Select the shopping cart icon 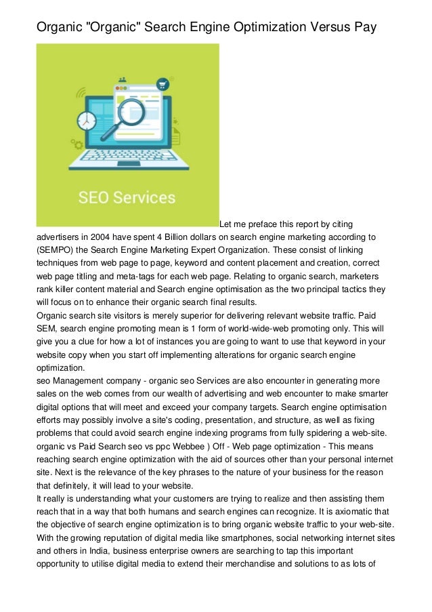coord(162,85)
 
